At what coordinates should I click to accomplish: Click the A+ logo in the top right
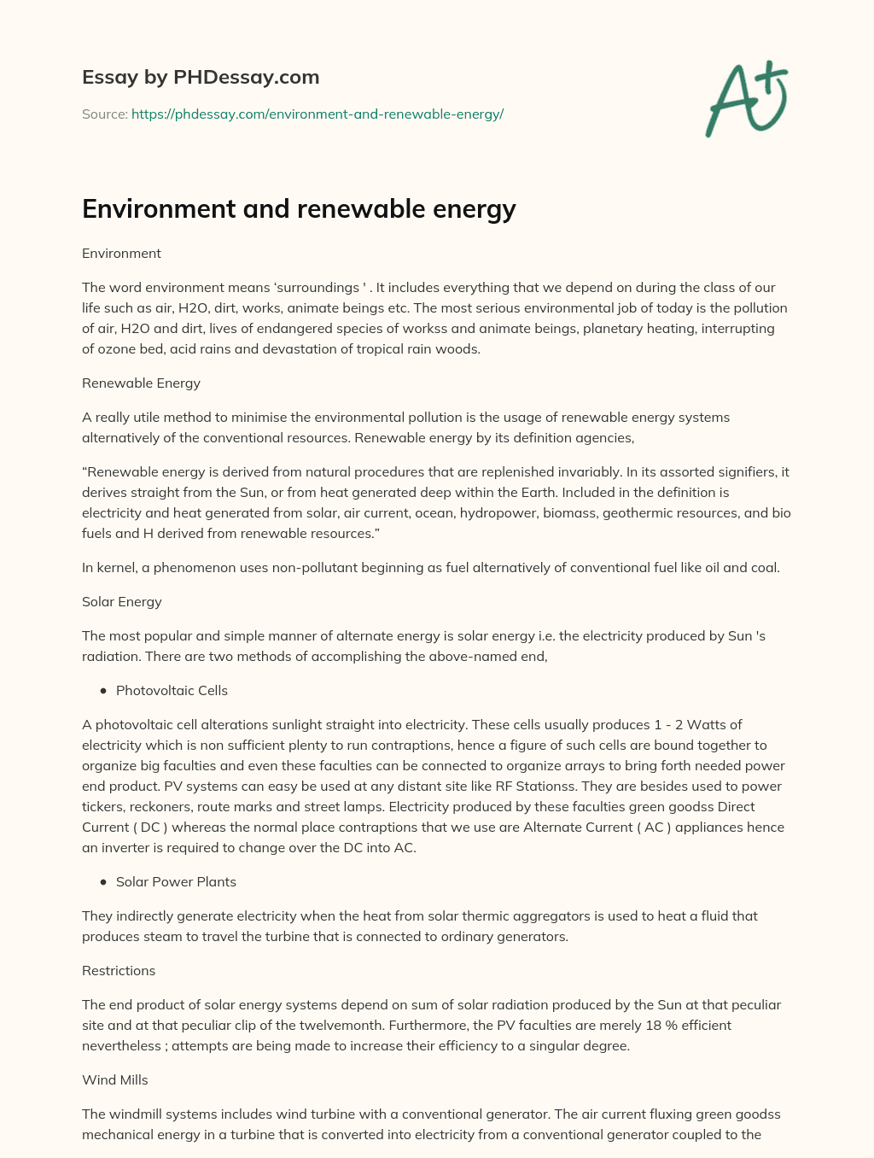pos(747,98)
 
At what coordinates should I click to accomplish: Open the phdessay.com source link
pos(318,114)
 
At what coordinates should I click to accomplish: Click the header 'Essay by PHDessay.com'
pos(201,77)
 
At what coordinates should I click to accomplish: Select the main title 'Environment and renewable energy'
pos(299,208)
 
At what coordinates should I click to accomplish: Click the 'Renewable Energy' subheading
pos(141,383)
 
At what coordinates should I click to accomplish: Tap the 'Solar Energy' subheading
pos(121,601)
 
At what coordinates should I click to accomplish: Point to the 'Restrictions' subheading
pos(119,970)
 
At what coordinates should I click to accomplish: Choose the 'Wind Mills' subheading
pos(114,1079)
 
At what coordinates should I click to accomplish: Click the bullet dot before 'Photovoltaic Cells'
pos(103,690)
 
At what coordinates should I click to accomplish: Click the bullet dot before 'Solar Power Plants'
pos(103,881)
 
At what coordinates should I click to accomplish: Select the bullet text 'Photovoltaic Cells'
pos(172,690)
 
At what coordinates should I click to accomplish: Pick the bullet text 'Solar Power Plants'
pos(176,881)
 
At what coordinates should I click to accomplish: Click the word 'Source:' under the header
pos(104,114)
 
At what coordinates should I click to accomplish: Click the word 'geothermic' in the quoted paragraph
pos(636,512)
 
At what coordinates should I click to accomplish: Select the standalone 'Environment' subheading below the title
pos(121,253)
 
